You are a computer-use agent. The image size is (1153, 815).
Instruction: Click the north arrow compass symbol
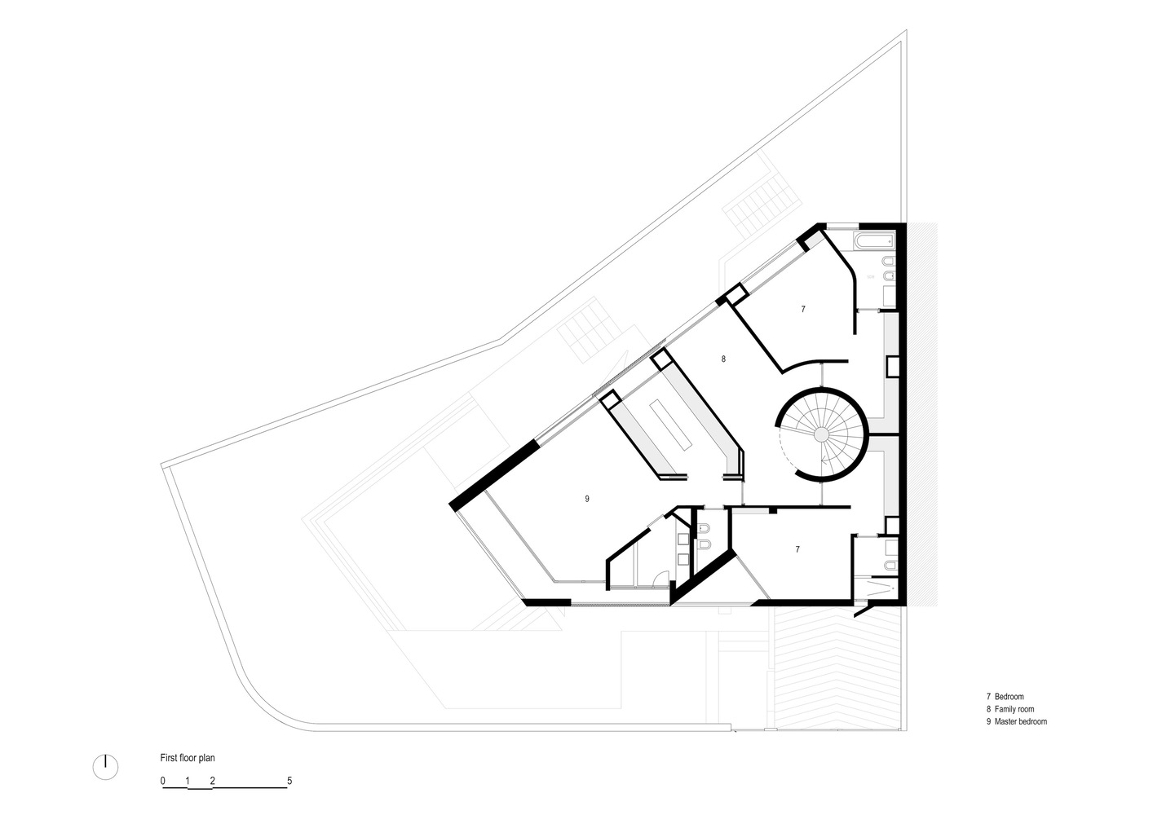pyautogui.click(x=105, y=768)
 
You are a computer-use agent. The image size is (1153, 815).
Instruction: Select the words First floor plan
pyautogui.click(x=188, y=758)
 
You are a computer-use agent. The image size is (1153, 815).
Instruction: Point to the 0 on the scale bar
pyautogui.click(x=162, y=781)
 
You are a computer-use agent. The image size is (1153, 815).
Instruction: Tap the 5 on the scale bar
pyautogui.click(x=289, y=781)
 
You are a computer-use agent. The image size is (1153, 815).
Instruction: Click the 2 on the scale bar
pyautogui.click(x=212, y=781)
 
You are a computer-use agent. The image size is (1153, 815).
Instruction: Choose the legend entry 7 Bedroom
pyautogui.click(x=1005, y=697)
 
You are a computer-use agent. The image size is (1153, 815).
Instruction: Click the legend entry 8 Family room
pyautogui.click(x=1010, y=709)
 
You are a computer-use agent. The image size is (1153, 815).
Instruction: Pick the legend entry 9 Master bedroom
pyautogui.click(x=1017, y=721)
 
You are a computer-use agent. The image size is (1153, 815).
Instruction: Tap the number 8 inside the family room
pyautogui.click(x=723, y=359)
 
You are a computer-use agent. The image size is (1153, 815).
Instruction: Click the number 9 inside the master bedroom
pyautogui.click(x=587, y=499)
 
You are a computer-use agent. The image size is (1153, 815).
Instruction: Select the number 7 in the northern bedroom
pyautogui.click(x=803, y=309)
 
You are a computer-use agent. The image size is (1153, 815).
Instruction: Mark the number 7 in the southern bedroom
pyautogui.click(x=797, y=549)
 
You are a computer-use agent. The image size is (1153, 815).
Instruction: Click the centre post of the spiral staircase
pyautogui.click(x=821, y=434)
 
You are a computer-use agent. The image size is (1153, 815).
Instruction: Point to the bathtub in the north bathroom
pyautogui.click(x=874, y=240)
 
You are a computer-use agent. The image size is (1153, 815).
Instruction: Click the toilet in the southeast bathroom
pyautogui.click(x=891, y=566)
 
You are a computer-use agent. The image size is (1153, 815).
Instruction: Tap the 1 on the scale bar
pyautogui.click(x=188, y=781)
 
